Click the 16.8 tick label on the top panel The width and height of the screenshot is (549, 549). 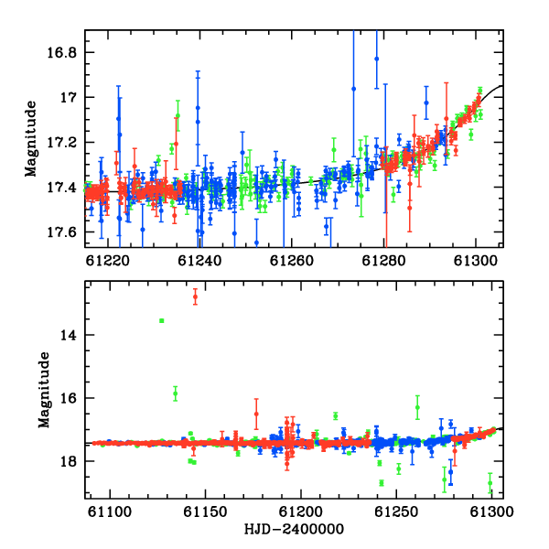pos(61,53)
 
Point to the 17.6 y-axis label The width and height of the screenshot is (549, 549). pos(61,232)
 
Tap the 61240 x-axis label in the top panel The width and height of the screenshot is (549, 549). pos(199,261)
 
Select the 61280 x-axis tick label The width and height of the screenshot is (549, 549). pos(383,261)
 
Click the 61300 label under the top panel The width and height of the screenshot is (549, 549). pos(476,261)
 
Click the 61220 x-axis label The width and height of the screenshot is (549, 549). pos(108,261)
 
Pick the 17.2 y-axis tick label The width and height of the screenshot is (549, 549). pos(61,143)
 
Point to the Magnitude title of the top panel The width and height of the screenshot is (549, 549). pos(31,139)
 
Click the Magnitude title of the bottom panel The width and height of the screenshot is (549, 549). pos(44,390)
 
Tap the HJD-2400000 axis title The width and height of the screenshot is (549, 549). pos(294,529)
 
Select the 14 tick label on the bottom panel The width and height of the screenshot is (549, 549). pos(69,336)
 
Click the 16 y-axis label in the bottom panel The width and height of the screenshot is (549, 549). pos(69,398)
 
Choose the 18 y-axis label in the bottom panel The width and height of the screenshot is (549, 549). pos(69,461)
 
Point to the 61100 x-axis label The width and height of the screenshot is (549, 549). pos(110,511)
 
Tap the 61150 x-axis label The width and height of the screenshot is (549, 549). pos(205,511)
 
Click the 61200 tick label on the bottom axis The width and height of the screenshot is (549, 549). pos(301,511)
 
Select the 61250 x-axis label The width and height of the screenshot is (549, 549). pos(396,511)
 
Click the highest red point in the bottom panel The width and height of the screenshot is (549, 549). pos(196,296)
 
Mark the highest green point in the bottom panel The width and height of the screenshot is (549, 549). pos(161,321)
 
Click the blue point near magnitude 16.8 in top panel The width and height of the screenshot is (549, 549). pos(377,59)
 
